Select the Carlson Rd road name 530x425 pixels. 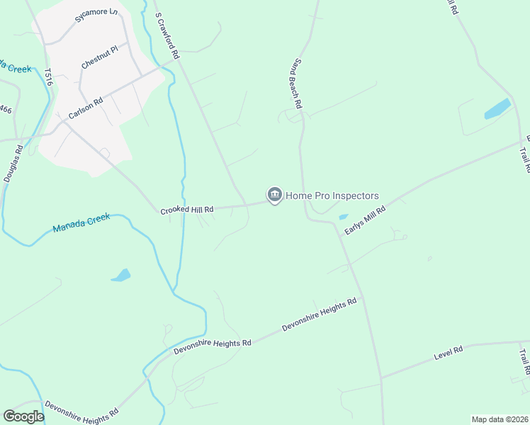(86, 107)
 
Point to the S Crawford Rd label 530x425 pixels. (168, 35)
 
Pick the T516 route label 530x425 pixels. (48, 79)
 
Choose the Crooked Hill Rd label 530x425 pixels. (186, 210)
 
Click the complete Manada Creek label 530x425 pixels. (81, 224)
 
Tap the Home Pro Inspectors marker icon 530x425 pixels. (274, 195)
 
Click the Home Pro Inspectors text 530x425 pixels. (332, 195)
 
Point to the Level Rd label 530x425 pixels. (449, 351)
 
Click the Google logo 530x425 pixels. (23, 416)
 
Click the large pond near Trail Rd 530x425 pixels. (497, 109)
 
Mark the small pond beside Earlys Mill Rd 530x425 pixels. (344, 216)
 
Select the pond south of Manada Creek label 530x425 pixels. (121, 275)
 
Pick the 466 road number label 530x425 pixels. (6, 109)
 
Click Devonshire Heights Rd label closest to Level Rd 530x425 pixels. (318, 315)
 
